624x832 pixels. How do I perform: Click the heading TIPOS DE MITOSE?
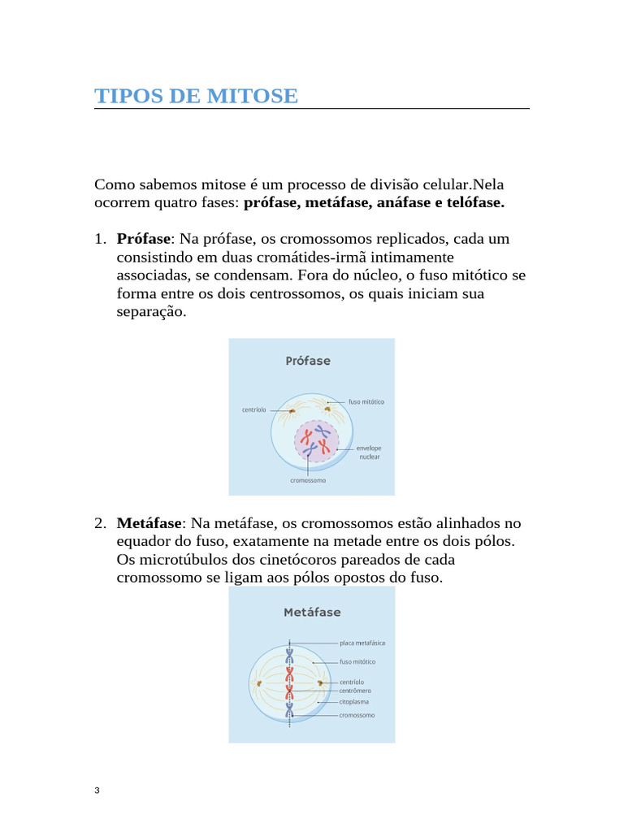click(196, 96)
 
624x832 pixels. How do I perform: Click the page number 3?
click(97, 791)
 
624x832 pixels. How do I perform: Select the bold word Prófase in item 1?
click(144, 239)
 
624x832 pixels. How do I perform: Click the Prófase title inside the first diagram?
click(308, 361)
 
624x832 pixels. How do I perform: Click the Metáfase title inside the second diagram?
click(312, 612)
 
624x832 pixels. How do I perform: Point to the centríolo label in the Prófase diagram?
click(254, 409)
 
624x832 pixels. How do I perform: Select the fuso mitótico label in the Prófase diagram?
click(366, 402)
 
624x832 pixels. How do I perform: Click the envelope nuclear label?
click(370, 452)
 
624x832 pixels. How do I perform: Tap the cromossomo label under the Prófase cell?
click(308, 480)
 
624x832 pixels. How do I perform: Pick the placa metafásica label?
click(362, 643)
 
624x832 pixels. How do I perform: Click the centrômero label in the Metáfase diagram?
click(356, 691)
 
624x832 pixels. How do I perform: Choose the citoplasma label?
click(354, 701)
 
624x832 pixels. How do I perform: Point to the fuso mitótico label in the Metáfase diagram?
click(357, 661)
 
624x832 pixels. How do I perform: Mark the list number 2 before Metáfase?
click(100, 522)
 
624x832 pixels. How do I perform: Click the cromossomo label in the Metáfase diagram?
click(357, 715)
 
